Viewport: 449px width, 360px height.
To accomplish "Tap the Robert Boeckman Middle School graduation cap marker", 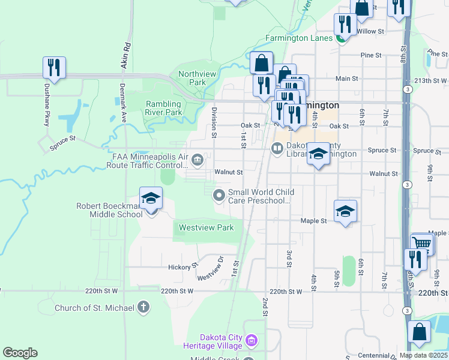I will pyautogui.click(x=151, y=198).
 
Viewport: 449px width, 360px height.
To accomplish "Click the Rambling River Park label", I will pyautogui.click(x=164, y=108).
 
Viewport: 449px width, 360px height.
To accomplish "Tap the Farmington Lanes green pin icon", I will pyautogui.click(x=342, y=38).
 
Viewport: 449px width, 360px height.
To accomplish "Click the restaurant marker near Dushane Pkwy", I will pyautogui.click(x=54, y=68).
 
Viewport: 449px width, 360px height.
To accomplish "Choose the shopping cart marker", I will pyautogui.click(x=422, y=244).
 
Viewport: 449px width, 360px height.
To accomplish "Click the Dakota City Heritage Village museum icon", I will pyautogui.click(x=252, y=341).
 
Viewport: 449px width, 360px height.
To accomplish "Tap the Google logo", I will pyautogui.click(x=20, y=353).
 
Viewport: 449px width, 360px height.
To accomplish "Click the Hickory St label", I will pyautogui.click(x=183, y=266).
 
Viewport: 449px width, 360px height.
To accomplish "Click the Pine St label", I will pyautogui.click(x=371, y=55).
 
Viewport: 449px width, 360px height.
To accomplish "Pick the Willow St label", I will pyautogui.click(x=370, y=31).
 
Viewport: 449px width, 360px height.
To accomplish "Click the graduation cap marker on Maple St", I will pyautogui.click(x=345, y=211).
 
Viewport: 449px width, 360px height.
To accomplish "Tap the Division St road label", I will pyautogui.click(x=214, y=122).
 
